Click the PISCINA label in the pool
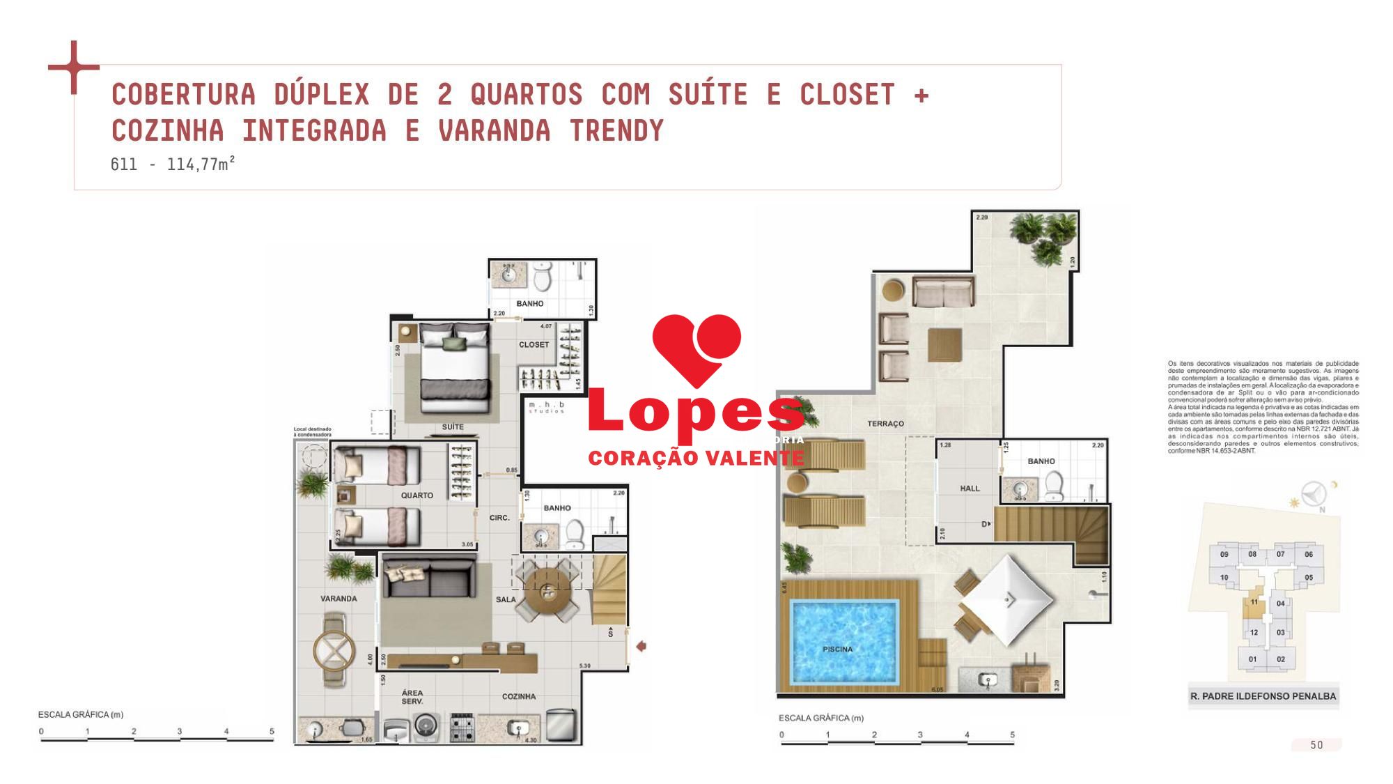point(837,649)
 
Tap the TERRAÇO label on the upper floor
point(885,424)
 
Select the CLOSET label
point(534,345)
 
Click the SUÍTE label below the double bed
point(453,426)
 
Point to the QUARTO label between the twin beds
point(417,495)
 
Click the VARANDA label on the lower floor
point(338,599)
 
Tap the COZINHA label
point(519,696)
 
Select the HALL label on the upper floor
point(970,489)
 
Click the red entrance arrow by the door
point(641,646)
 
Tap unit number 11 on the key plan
point(1254,602)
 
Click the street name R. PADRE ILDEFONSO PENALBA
point(1262,696)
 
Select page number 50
point(1316,745)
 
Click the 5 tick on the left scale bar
point(272,732)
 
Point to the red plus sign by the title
point(73,68)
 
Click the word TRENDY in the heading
point(616,131)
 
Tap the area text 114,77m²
point(201,165)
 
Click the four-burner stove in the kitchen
point(462,727)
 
